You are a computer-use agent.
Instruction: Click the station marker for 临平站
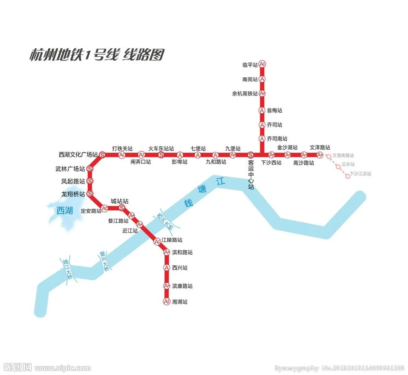point(262,64)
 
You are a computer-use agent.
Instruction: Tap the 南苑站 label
point(250,79)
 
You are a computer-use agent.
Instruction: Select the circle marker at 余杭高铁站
point(262,93)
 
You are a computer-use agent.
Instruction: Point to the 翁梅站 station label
point(275,111)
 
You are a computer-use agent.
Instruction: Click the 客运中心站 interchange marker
point(251,155)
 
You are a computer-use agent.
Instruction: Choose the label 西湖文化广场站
point(78,154)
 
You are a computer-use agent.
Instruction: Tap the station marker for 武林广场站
point(90,169)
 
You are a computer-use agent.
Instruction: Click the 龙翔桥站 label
point(73,194)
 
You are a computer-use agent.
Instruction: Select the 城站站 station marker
point(122,208)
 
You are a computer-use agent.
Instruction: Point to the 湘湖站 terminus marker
point(167,302)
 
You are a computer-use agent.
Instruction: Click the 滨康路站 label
point(182,286)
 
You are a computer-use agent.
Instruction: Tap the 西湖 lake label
point(65,210)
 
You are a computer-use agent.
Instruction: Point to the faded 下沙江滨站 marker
point(348,176)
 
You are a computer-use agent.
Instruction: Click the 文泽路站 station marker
point(320,155)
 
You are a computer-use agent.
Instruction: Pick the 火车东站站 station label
point(161,148)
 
